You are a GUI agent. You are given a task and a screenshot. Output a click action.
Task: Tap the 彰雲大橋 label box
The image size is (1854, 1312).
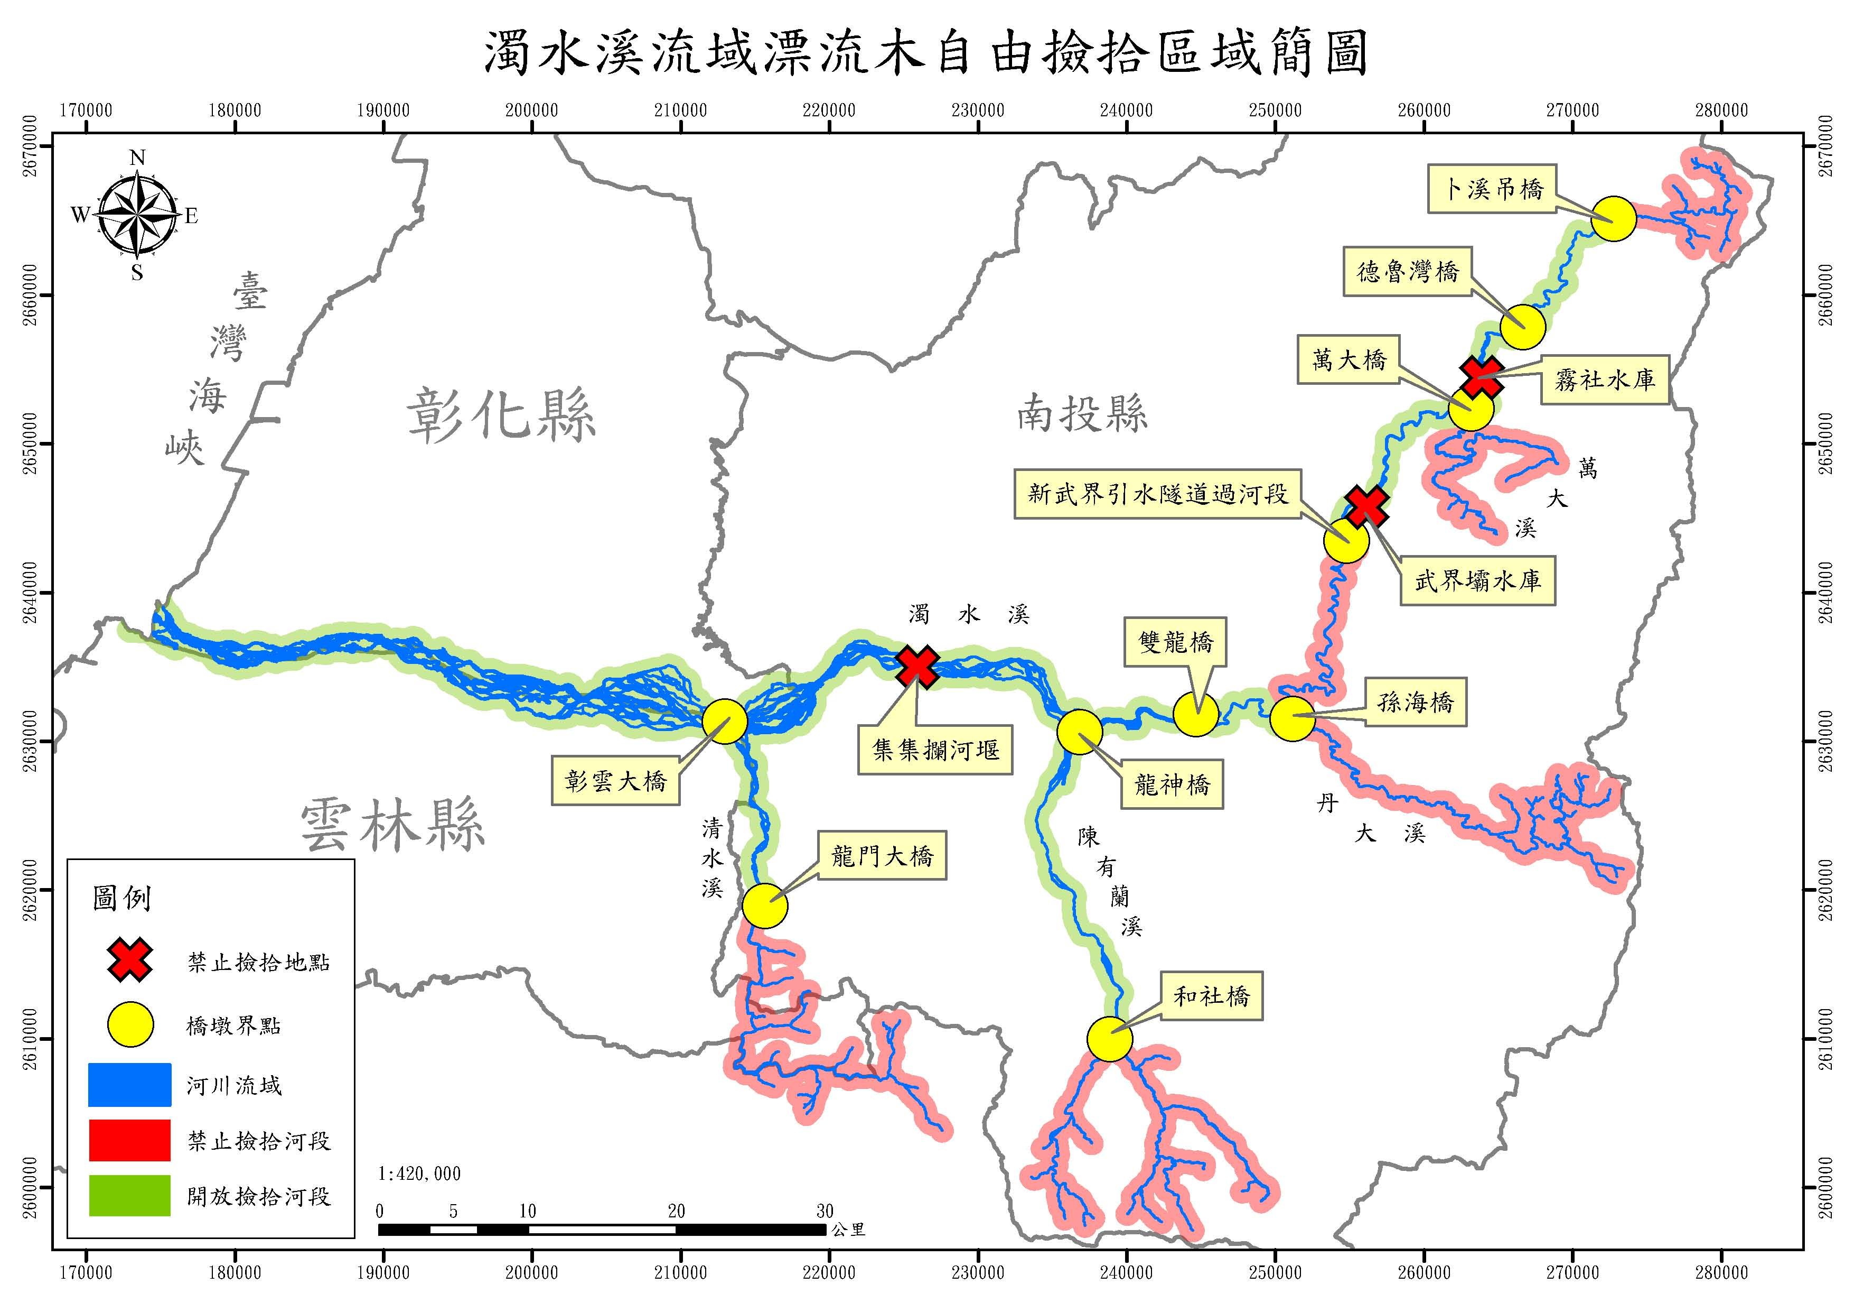point(616,781)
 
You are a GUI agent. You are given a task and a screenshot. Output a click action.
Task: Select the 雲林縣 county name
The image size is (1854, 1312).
point(392,825)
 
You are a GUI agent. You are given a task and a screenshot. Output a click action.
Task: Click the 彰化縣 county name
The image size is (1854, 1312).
point(501,414)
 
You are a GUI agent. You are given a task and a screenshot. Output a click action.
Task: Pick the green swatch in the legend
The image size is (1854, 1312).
point(129,1196)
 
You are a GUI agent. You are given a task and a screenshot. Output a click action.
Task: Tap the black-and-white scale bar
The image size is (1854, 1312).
point(602,1230)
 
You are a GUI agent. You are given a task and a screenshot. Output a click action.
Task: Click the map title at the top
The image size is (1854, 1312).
point(925,53)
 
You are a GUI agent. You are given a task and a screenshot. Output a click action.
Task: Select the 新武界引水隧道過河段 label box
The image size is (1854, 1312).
point(1157,494)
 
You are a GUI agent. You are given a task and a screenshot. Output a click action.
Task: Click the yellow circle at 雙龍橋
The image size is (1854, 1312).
point(1196,714)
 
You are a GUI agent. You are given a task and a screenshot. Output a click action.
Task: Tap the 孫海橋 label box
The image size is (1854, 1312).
point(1415,702)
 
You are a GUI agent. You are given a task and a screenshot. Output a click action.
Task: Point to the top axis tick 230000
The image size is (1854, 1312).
point(977,110)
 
